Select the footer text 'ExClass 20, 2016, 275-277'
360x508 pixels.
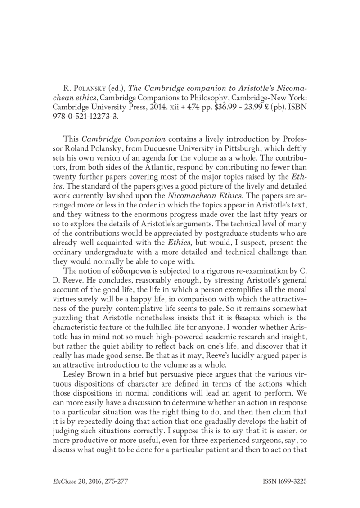[x=88, y=481]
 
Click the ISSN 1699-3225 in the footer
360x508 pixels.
[x=284, y=481]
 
